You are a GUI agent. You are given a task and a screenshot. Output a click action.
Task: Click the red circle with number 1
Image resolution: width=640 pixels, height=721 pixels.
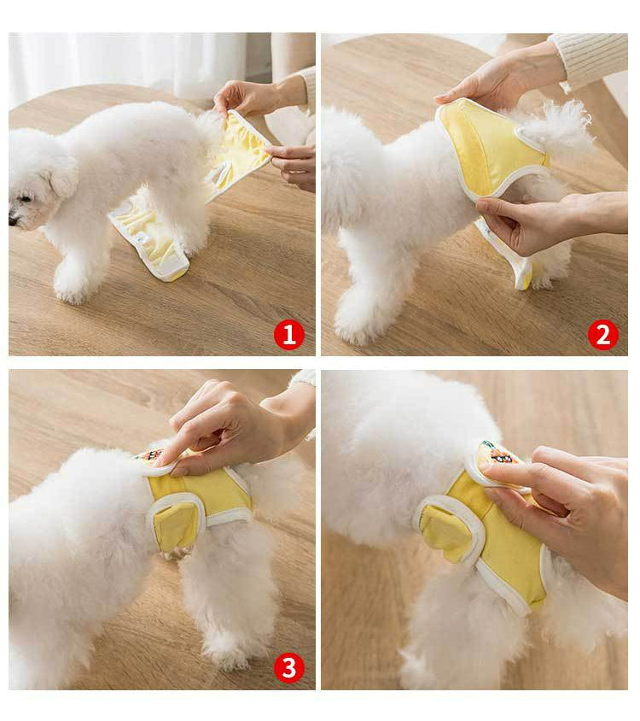tap(288, 334)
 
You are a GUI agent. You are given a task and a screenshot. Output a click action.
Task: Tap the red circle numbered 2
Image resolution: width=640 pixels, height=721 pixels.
tap(602, 334)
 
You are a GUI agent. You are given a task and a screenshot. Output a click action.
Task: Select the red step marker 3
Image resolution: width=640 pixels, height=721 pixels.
tap(288, 667)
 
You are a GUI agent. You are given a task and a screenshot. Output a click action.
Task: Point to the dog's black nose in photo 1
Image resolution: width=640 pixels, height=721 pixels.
tap(12, 220)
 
